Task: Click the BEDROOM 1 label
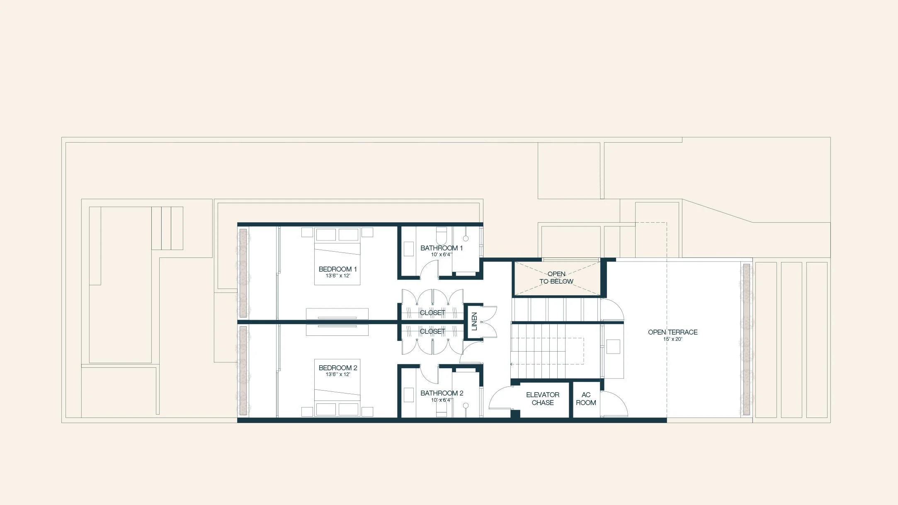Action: (x=337, y=269)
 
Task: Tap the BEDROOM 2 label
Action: (x=337, y=368)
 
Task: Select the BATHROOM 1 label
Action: (x=441, y=248)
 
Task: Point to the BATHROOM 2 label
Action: (x=442, y=393)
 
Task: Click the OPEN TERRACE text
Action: (x=672, y=332)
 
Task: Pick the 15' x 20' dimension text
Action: (x=672, y=339)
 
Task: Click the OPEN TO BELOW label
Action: (x=556, y=278)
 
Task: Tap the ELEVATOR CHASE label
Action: (x=542, y=398)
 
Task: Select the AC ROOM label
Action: (x=585, y=398)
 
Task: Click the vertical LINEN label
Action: (x=474, y=321)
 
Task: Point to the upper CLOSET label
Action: (x=432, y=313)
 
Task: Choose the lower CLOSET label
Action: (x=432, y=331)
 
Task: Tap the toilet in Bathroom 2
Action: (x=441, y=408)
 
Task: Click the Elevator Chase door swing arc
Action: (x=500, y=397)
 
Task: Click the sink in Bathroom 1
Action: (x=409, y=249)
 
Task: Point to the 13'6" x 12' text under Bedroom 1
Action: (x=337, y=276)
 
